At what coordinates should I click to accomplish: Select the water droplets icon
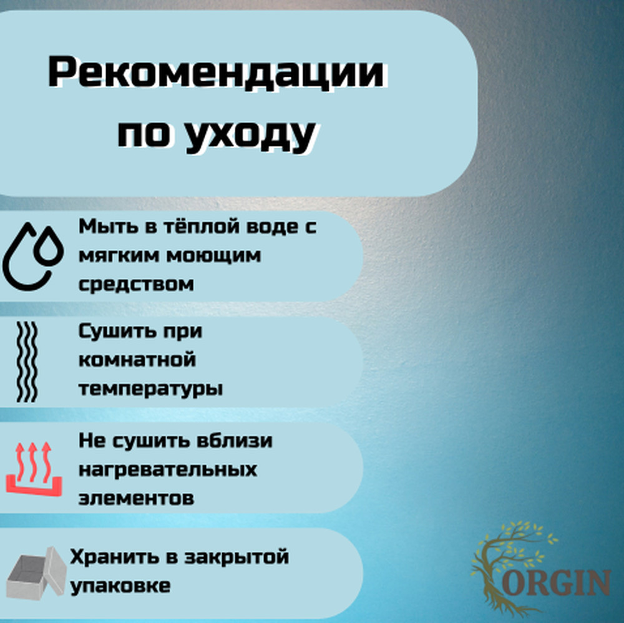pos(33,256)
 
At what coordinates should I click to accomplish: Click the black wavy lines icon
pos(27,361)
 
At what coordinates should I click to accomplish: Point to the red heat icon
pos(34,468)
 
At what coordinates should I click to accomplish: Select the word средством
pos(136,284)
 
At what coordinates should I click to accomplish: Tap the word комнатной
pos(137,360)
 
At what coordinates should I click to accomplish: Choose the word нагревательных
pos(167,469)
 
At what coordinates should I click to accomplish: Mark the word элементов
pos(136,498)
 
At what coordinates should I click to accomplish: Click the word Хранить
pos(114,557)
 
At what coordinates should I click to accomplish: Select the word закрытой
pos(236,557)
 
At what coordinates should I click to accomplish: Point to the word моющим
pos(213,255)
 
